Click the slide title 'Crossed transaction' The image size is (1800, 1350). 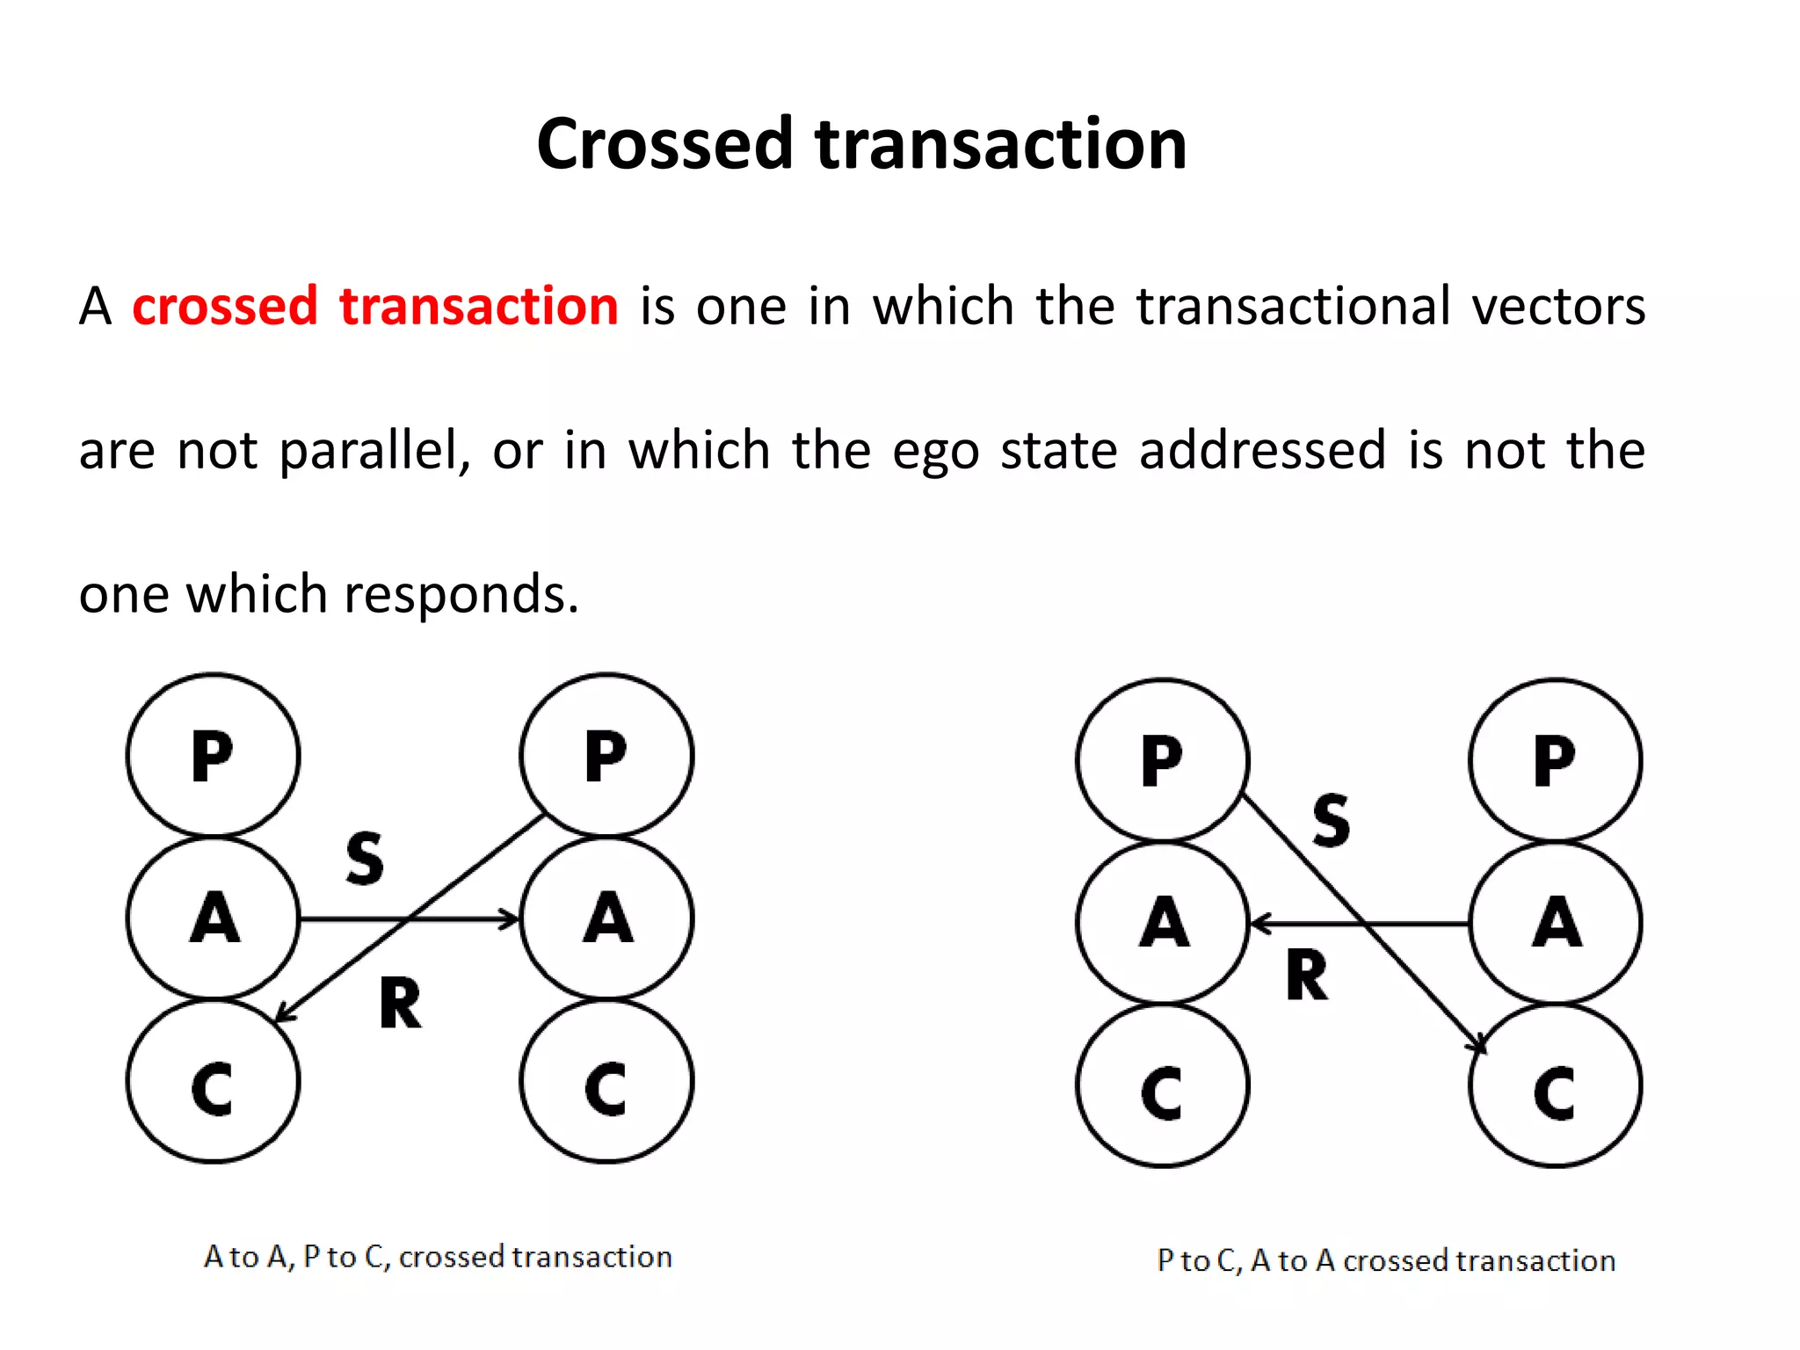point(861,144)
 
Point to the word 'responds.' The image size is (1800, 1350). point(461,594)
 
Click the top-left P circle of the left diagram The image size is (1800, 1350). point(214,755)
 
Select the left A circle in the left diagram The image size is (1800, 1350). point(214,918)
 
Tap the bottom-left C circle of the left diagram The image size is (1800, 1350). point(214,1083)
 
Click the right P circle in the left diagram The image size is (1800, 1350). point(606,755)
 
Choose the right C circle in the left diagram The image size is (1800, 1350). point(606,1083)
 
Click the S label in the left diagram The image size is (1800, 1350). point(365,858)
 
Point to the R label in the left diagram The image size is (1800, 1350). point(400,1004)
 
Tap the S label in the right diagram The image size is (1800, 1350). point(1331,820)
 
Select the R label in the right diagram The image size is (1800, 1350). point(1307,976)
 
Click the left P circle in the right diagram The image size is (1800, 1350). point(1162,760)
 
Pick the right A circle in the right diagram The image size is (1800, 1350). point(1556,923)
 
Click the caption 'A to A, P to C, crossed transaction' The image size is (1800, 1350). point(438,1257)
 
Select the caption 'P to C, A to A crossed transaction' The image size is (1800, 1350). point(1386,1260)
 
